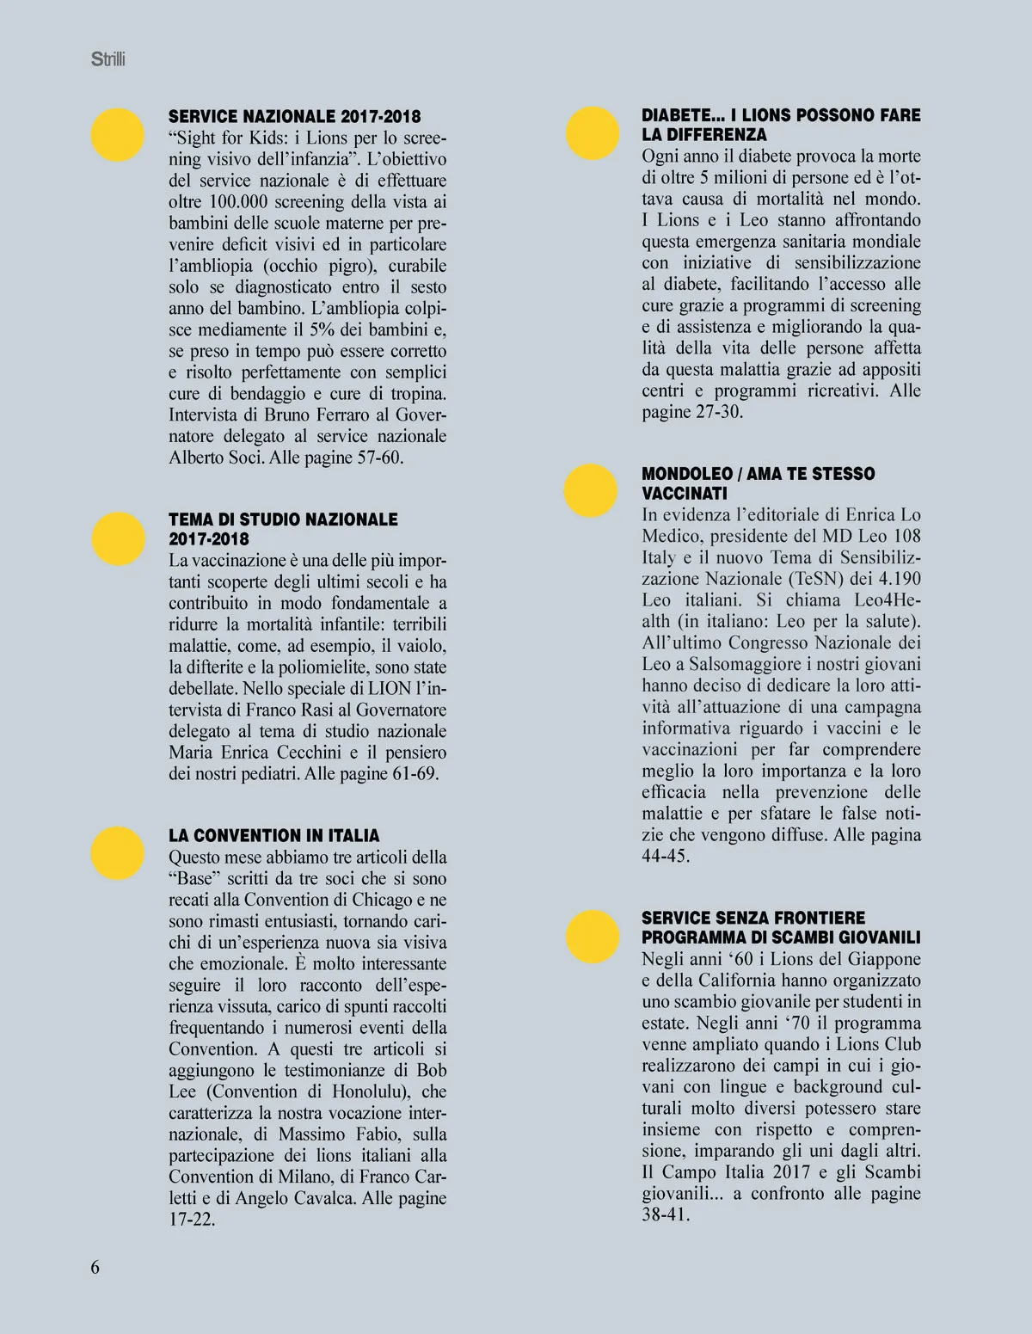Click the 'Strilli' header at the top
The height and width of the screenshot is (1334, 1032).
(x=107, y=60)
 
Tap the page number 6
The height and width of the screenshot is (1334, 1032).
(x=95, y=1266)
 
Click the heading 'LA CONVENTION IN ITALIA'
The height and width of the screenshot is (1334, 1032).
(x=273, y=835)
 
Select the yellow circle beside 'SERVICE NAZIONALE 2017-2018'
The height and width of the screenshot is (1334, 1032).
(x=118, y=135)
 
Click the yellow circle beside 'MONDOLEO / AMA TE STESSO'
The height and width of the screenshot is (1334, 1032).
(x=591, y=490)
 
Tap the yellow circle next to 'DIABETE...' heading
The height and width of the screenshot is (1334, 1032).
(x=592, y=133)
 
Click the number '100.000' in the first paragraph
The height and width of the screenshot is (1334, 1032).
(x=236, y=202)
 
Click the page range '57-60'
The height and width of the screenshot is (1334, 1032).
(x=378, y=457)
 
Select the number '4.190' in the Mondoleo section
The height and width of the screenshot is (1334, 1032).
(x=896, y=579)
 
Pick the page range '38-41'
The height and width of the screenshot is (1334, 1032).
(x=666, y=1214)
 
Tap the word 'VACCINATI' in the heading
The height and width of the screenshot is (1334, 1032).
(x=685, y=494)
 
